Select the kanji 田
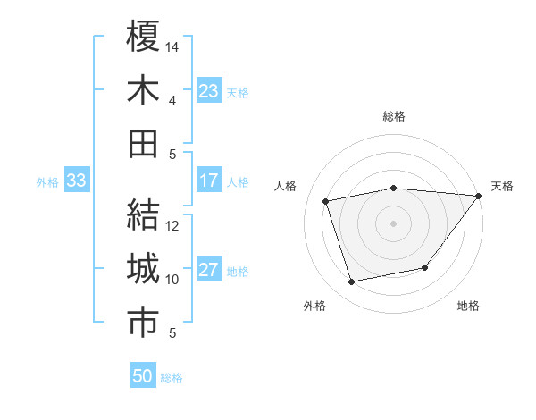(x=143, y=144)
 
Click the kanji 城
(x=143, y=269)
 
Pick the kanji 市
(x=143, y=323)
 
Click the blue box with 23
(x=209, y=90)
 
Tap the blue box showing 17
(x=209, y=181)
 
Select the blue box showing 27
(x=209, y=271)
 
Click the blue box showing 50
(x=143, y=376)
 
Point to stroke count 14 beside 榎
(x=172, y=46)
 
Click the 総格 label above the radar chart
(x=394, y=116)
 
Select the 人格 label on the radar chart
(x=286, y=186)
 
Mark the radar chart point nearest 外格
(x=352, y=281)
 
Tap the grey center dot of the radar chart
(x=393, y=223)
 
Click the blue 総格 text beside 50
(x=172, y=378)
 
